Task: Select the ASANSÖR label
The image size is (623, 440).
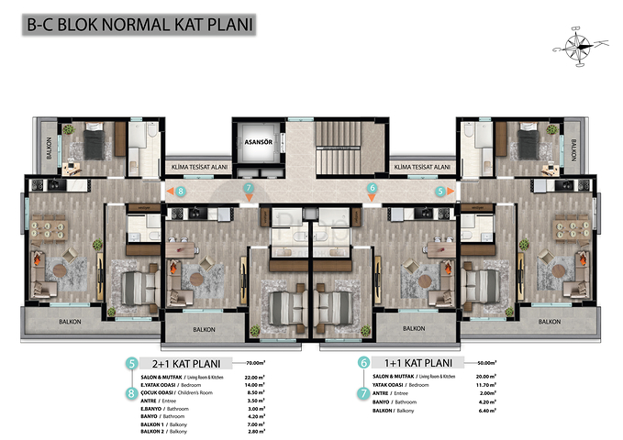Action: (254, 143)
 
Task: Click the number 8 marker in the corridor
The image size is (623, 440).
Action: (181, 191)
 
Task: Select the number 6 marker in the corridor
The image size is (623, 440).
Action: (372, 189)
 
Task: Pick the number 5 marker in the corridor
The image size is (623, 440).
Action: (440, 191)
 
